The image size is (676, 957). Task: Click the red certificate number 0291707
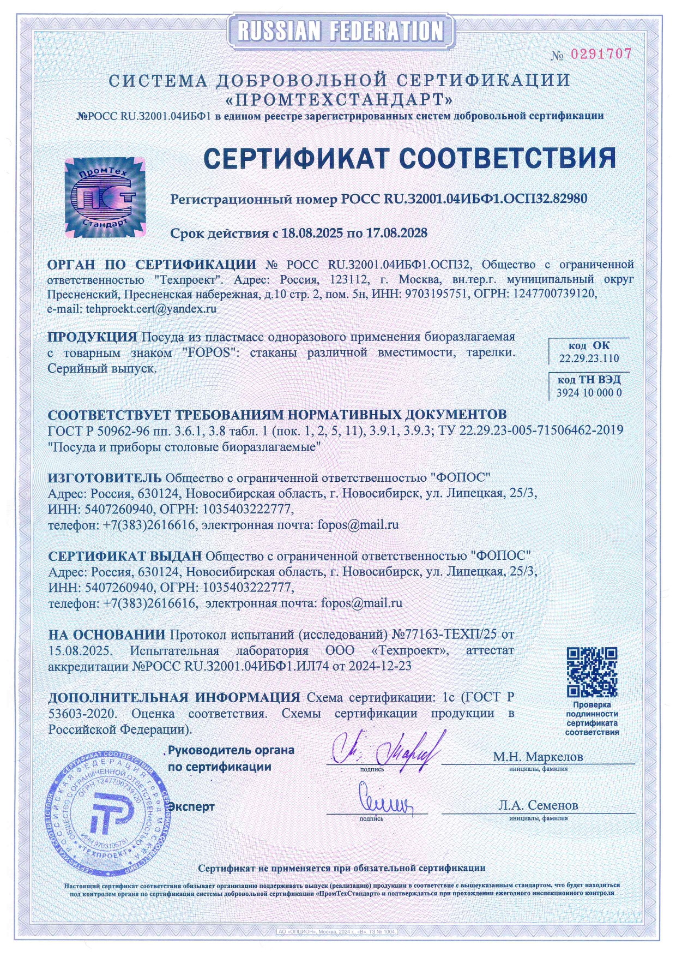(601, 54)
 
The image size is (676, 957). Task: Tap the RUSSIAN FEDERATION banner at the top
(340, 30)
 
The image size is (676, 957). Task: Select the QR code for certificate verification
(591, 672)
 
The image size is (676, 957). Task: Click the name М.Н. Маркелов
(538, 757)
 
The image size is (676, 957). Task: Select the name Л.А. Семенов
(538, 805)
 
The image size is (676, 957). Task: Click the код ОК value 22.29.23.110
(589, 358)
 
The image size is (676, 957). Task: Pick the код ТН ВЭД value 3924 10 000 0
(589, 393)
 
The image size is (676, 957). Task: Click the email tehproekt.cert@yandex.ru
(151, 308)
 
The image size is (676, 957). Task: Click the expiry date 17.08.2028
(396, 233)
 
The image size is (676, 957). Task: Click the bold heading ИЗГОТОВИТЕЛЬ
(105, 478)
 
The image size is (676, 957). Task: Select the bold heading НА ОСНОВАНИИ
(107, 635)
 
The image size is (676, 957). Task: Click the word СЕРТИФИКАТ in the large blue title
(295, 159)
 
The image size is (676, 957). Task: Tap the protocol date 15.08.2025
(80, 651)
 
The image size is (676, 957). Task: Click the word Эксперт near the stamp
(191, 806)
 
